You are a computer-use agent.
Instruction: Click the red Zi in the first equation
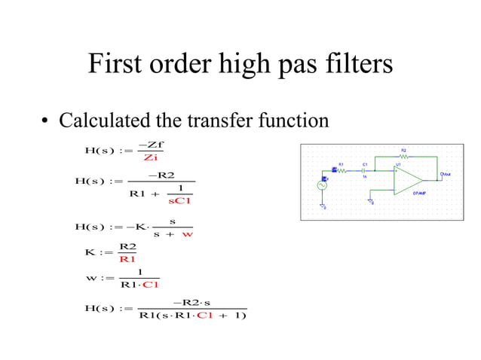[x=150, y=157]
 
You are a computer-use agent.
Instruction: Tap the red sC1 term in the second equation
[x=180, y=200]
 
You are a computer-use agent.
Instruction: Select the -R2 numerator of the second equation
[x=162, y=175]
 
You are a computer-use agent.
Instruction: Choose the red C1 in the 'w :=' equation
[x=151, y=285]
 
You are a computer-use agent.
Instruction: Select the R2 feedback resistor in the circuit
[x=403, y=155]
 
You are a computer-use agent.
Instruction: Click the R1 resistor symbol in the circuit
[x=342, y=170]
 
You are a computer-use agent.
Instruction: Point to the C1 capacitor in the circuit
[x=364, y=170]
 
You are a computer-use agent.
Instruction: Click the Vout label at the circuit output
[x=446, y=174]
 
